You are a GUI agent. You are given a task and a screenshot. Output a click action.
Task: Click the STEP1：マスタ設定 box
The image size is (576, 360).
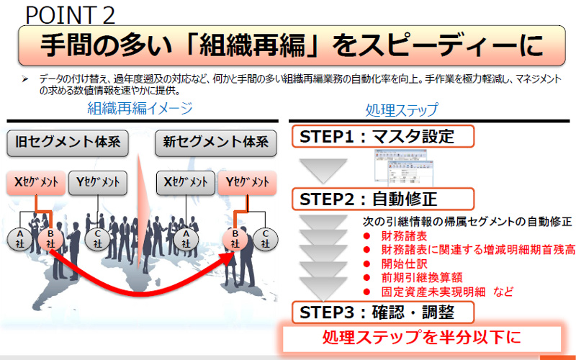383,136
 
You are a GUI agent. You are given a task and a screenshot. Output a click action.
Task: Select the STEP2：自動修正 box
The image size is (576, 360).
383,199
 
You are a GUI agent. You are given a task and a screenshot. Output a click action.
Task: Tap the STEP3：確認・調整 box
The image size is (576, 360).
383,312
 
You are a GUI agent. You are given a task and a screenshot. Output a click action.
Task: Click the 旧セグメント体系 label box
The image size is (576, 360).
68,143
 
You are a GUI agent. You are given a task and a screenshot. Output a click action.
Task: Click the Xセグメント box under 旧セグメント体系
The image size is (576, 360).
37,183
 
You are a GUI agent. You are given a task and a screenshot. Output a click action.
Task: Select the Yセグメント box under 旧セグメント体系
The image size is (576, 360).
98,183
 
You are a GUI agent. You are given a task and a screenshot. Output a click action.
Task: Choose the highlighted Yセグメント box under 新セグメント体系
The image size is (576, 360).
247,183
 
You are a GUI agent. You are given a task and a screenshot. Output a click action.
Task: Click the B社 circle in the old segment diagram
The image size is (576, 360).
50,238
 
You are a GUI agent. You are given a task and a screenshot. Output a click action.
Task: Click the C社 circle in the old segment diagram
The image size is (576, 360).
97,238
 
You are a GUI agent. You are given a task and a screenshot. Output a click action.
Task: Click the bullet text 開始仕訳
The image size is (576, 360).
401,263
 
